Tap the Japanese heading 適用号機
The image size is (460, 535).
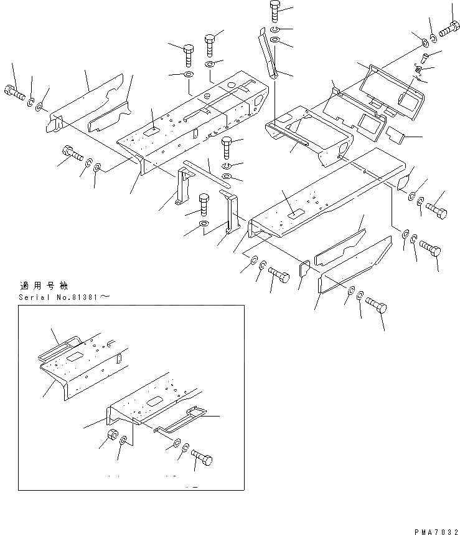(x=37, y=286)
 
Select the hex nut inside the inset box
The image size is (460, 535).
(x=112, y=435)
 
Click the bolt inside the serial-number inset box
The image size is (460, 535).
(x=202, y=459)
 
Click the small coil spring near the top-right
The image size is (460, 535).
(x=421, y=75)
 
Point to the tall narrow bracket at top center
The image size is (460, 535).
(x=268, y=56)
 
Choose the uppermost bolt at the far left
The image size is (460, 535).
(x=13, y=92)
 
